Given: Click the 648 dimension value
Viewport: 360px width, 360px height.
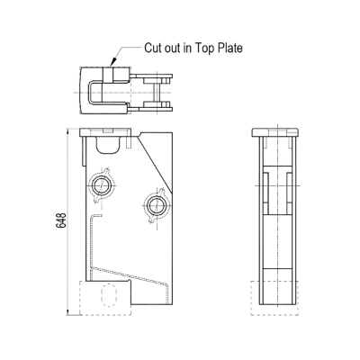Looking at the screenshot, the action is coord(61,220).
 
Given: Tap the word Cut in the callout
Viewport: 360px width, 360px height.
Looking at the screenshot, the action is coord(153,48).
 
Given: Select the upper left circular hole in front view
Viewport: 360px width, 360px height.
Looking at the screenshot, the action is coord(101,185).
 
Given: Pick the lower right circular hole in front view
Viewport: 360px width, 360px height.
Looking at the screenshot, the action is coord(156,205).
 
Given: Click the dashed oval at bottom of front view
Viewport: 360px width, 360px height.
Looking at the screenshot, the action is coord(109,295).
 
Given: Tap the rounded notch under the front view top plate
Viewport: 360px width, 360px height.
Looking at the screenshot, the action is coord(108,146).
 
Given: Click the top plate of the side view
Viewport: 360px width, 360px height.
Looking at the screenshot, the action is coord(275,132).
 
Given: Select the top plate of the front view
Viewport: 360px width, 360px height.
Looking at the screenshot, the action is coord(106,132).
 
